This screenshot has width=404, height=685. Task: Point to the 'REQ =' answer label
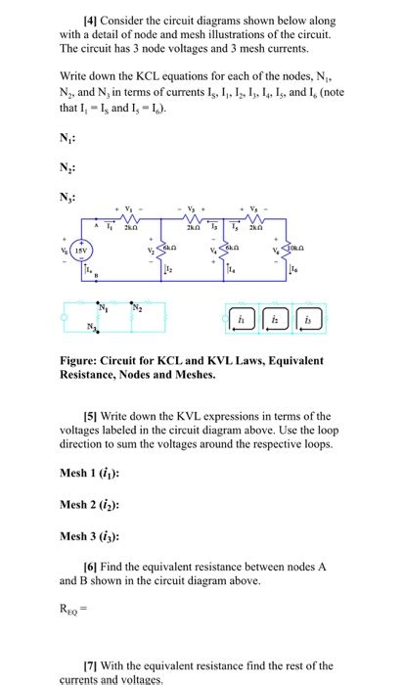tap(71, 617)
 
